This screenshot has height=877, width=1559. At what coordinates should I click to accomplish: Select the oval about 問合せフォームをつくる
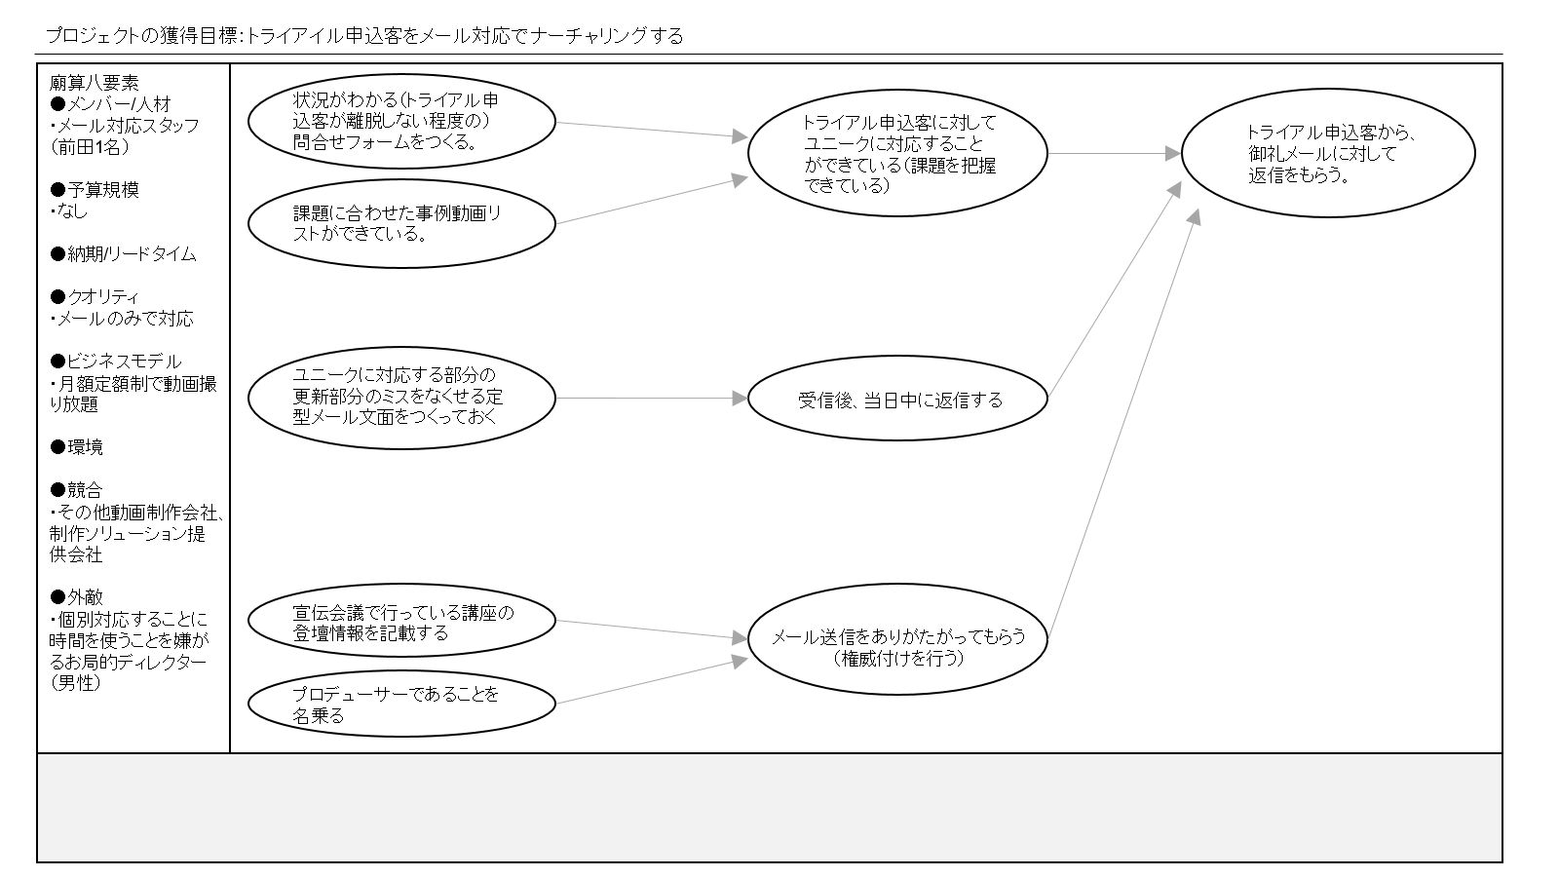pyautogui.click(x=401, y=121)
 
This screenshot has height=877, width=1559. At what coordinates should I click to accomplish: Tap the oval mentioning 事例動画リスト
pyautogui.click(x=401, y=223)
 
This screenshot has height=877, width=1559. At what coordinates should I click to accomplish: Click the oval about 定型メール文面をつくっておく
pyautogui.click(x=401, y=398)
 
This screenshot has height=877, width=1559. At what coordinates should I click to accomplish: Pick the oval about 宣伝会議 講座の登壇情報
pyautogui.click(x=401, y=621)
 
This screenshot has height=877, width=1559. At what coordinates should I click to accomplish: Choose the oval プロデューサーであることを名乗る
pyautogui.click(x=401, y=704)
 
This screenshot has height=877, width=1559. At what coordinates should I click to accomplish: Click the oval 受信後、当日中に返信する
pyautogui.click(x=897, y=399)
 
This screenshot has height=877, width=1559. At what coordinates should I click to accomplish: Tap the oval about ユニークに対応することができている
pyautogui.click(x=897, y=153)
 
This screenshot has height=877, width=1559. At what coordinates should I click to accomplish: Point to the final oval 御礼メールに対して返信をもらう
pyautogui.click(x=1328, y=153)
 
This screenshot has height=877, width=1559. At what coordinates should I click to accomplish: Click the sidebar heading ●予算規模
pyautogui.click(x=95, y=190)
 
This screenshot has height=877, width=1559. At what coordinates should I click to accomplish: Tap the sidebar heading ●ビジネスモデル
pyautogui.click(x=116, y=362)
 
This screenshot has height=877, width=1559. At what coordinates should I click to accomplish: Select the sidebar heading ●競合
pyautogui.click(x=76, y=490)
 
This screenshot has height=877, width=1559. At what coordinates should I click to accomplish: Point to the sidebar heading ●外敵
pyautogui.click(x=76, y=597)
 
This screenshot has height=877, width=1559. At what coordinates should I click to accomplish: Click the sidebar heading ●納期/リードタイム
pyautogui.click(x=123, y=254)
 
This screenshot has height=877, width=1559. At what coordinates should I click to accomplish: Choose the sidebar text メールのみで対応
pyautogui.click(x=124, y=319)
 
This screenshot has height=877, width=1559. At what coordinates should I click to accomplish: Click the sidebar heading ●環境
pyautogui.click(x=76, y=447)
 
